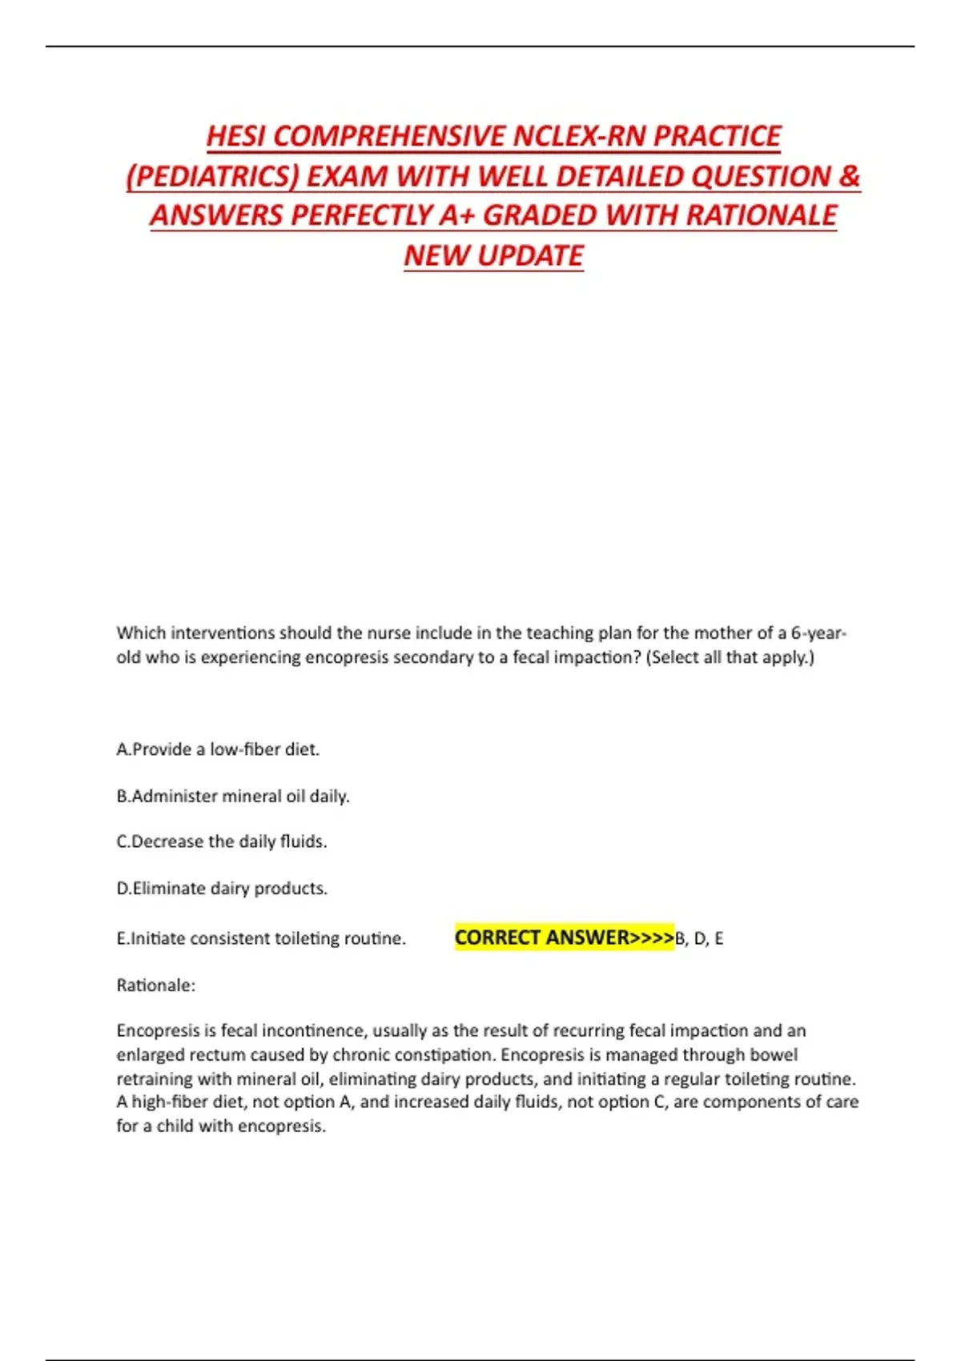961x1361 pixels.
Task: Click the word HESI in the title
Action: tap(236, 136)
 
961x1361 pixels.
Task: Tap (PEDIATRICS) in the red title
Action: tap(211, 176)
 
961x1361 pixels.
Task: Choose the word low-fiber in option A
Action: tap(245, 749)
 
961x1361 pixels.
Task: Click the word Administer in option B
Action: tap(175, 797)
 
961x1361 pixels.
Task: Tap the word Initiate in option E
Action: tap(159, 938)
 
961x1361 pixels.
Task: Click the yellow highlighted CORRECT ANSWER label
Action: tap(564, 937)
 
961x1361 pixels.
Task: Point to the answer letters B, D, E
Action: tap(699, 938)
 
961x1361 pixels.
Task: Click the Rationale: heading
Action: tap(156, 986)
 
